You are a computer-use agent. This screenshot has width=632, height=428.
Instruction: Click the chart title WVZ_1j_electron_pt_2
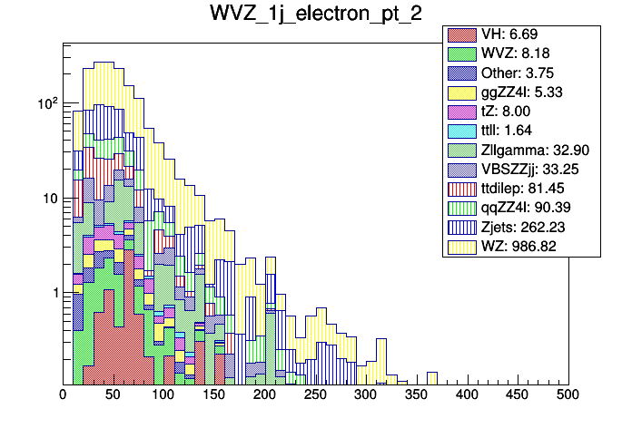[x=315, y=15]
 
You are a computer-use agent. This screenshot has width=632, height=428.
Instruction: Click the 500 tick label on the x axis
[x=568, y=396]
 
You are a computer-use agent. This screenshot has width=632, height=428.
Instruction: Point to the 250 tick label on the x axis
[x=315, y=396]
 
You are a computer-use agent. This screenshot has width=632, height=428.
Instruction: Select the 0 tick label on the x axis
[x=63, y=396]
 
